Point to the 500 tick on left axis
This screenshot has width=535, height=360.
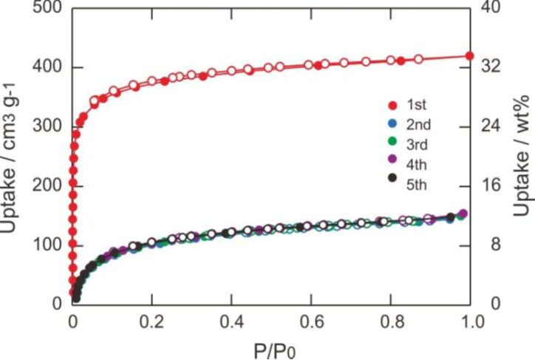pos(45,9)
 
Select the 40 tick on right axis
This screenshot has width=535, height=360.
pos(494,9)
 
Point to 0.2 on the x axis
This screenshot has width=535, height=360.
pos(151,322)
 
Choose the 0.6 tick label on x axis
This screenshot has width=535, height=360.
pos(311,322)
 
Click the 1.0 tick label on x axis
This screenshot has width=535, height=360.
pos(471,322)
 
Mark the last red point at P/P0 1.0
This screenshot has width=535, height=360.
pos(470,56)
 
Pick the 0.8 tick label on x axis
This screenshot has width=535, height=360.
pos(391,322)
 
